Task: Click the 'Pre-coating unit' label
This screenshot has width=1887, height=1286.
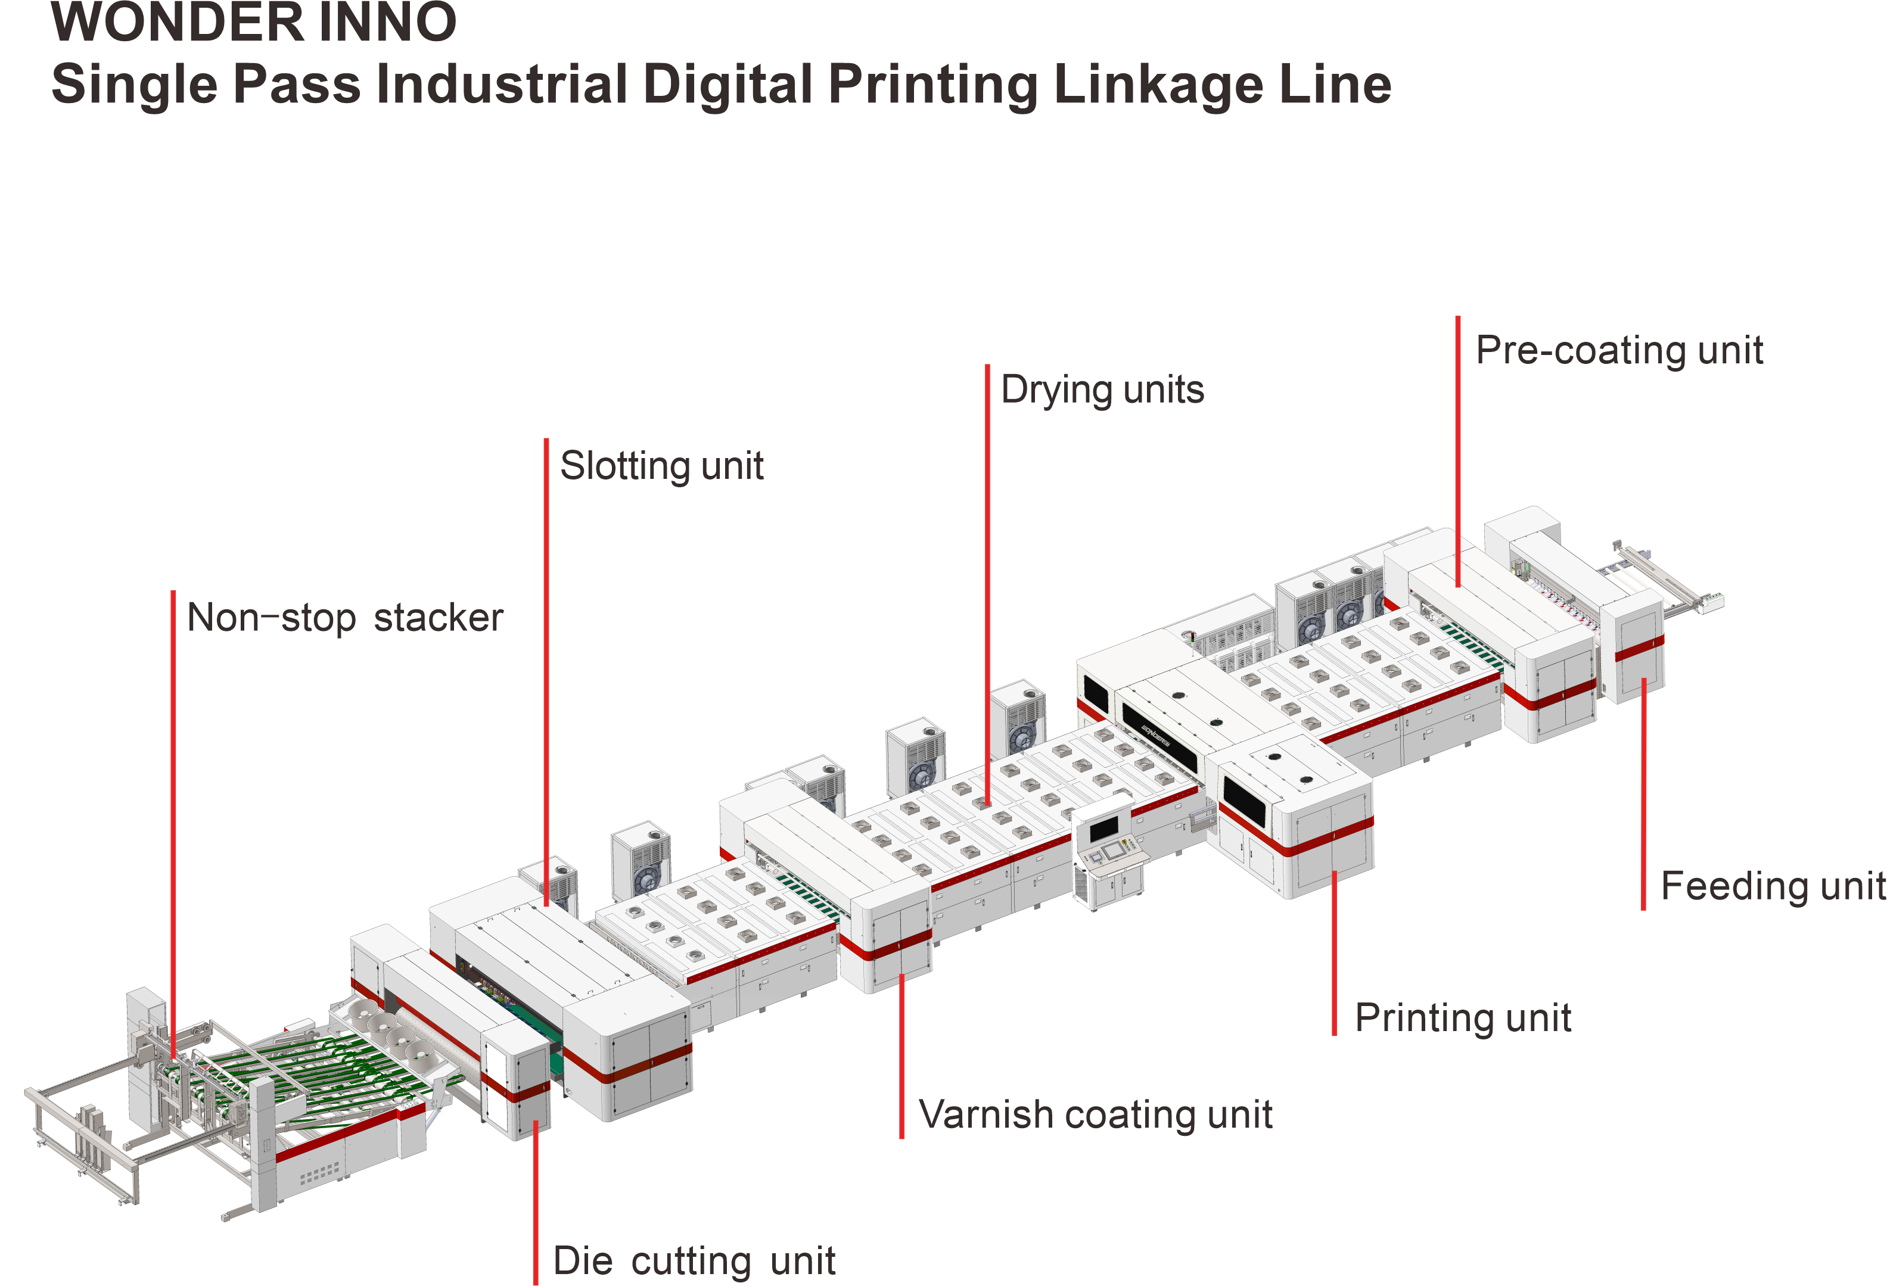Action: pos(1619,351)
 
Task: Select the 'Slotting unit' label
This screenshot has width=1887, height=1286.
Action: pos(662,466)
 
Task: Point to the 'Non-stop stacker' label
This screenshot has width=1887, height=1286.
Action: pos(345,618)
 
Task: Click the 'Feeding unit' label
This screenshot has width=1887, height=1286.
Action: pos(1773,886)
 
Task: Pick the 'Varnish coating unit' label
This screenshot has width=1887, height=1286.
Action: pos(1095,1114)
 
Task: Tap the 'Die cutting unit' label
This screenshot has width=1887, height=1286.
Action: pos(694,1261)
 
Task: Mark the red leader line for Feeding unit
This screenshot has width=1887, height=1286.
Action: pos(1643,794)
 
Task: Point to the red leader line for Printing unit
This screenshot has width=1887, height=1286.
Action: pos(1334,953)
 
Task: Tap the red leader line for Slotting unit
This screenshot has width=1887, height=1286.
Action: pos(546,672)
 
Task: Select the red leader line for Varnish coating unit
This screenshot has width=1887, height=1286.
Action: pos(901,1056)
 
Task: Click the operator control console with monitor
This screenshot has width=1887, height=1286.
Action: pos(1109,854)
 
